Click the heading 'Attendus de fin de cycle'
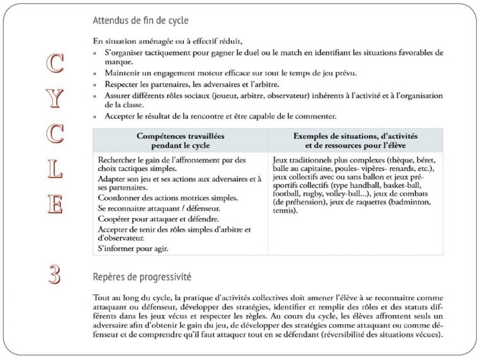click(140, 21)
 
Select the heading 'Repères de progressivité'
click(142, 277)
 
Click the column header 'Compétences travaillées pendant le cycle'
click(180, 140)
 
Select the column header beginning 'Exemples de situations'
click(356, 140)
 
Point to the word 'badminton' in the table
click(412, 201)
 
